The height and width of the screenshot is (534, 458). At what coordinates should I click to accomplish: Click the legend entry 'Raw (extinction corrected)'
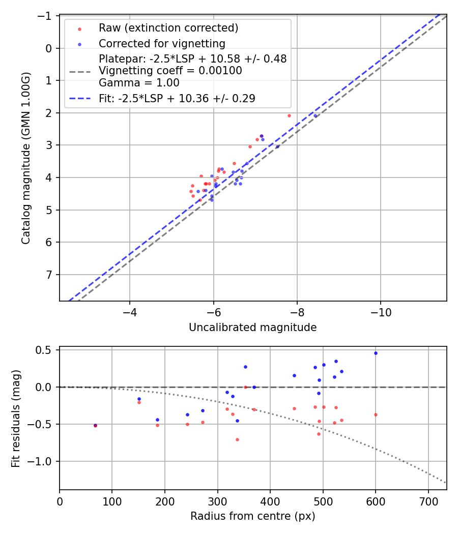coord(168,27)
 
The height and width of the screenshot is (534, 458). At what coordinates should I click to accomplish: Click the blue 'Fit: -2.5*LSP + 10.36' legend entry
coord(177,99)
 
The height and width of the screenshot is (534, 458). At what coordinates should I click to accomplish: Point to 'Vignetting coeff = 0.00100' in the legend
coord(170,71)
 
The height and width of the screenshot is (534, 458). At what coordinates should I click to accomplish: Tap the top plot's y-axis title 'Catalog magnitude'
coord(26,158)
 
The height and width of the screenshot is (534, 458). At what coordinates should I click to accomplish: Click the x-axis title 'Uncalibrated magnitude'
coord(252,328)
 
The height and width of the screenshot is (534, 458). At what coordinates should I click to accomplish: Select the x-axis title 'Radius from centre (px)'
coord(252,516)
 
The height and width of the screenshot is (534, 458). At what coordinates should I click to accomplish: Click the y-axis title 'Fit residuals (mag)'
coord(16,418)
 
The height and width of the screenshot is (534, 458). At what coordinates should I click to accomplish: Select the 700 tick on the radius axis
coord(428,500)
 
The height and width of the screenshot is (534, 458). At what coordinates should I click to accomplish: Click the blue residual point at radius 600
coord(376,353)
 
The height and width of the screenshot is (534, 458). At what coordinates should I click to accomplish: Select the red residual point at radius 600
coord(376,414)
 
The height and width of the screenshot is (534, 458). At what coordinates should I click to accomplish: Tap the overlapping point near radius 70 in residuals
coord(95,425)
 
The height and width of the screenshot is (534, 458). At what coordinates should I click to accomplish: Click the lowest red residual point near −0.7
coord(237,439)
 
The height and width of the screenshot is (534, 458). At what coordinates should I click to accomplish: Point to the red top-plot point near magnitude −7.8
coord(289,115)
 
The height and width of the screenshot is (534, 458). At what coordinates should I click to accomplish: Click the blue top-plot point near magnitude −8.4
coord(315,115)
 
